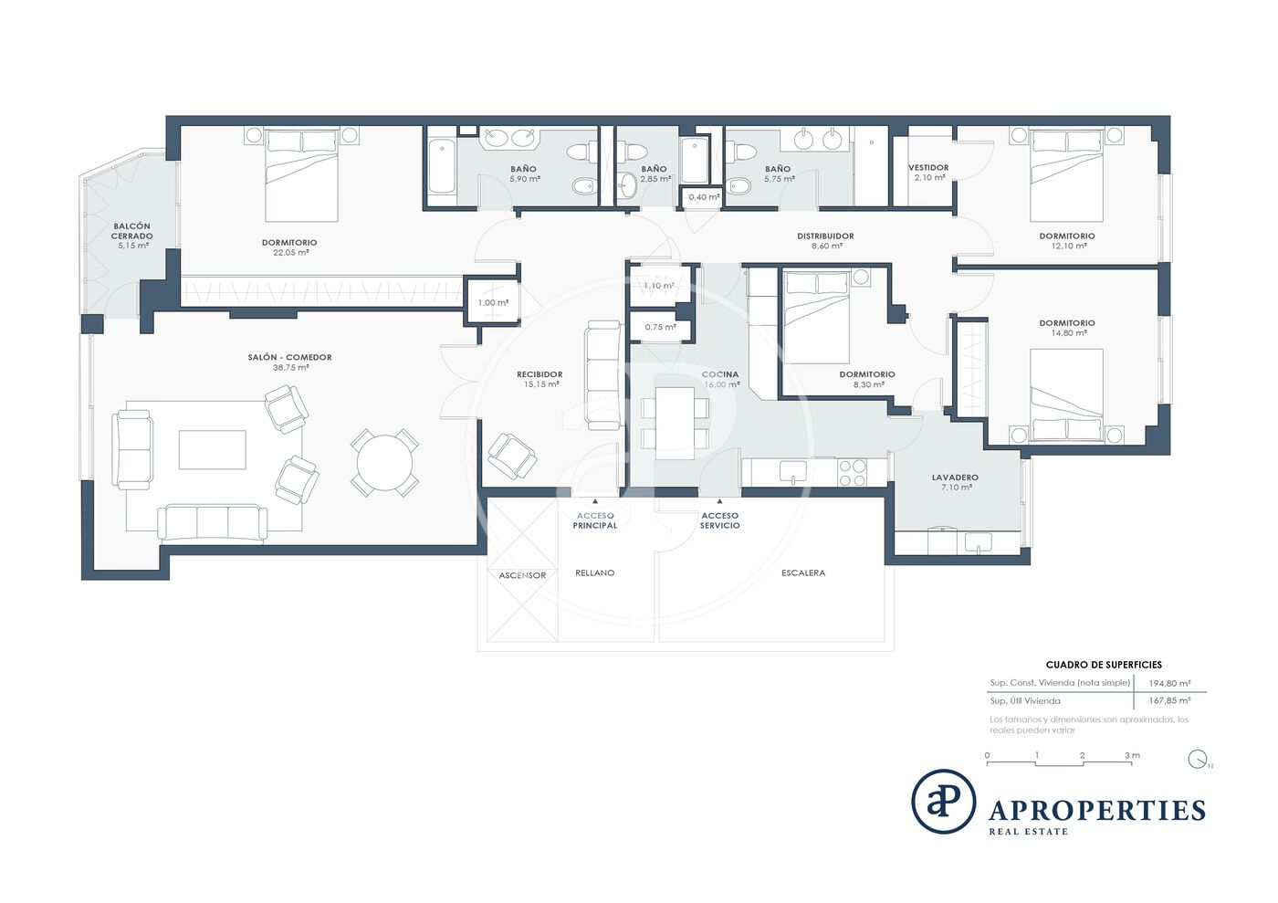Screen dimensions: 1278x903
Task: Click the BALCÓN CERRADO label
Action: (131, 231)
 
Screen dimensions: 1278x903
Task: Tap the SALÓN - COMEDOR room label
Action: (290, 357)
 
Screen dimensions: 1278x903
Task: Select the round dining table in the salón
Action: (384, 463)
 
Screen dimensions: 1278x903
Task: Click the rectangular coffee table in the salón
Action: (212, 450)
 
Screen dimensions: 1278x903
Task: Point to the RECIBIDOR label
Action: (539, 374)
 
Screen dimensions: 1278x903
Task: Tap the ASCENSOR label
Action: (522, 575)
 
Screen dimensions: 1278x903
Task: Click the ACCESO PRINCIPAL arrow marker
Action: (595, 501)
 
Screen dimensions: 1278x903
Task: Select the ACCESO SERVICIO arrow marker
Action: (720, 501)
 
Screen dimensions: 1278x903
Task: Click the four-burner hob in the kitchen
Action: (853, 473)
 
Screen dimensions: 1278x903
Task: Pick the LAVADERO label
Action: (955, 478)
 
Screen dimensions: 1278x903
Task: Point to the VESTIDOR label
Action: (929, 168)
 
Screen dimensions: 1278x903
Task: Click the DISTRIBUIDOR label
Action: (825, 236)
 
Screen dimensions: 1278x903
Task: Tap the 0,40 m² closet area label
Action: (704, 197)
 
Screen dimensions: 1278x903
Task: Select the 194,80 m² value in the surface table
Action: (1169, 683)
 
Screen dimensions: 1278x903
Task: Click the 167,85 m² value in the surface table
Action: (1169, 701)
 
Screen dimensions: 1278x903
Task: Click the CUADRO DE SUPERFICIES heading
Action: (1104, 665)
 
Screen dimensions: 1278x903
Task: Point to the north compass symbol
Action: (1198, 759)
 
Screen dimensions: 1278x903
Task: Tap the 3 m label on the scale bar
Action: (1132, 755)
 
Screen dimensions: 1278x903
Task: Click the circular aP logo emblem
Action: (944, 802)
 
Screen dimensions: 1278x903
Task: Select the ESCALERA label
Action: (803, 573)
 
